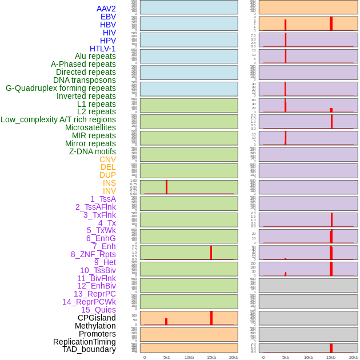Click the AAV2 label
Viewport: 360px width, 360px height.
(x=106, y=9)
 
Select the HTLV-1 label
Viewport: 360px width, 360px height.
(x=102, y=49)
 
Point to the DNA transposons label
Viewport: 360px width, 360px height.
(x=85, y=80)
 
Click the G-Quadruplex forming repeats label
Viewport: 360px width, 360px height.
(x=61, y=88)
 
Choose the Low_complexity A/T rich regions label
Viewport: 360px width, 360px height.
(x=58, y=119)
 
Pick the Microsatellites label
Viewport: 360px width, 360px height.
(x=90, y=127)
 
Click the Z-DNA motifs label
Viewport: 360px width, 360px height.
(x=92, y=151)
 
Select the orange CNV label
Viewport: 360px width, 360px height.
(x=107, y=159)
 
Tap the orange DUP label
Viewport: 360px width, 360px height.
(x=107, y=175)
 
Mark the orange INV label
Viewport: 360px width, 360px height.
(x=109, y=191)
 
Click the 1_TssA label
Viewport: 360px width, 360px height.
(x=103, y=199)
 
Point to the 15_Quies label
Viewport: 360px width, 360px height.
(x=98, y=310)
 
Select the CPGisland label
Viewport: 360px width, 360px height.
(x=97, y=318)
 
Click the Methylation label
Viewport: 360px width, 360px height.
(x=95, y=326)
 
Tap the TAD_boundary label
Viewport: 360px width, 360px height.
(x=89, y=349)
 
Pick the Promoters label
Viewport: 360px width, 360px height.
(x=97, y=334)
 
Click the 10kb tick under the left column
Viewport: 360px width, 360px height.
(x=189, y=357)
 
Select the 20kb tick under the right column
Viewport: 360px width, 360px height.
(x=353, y=357)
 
